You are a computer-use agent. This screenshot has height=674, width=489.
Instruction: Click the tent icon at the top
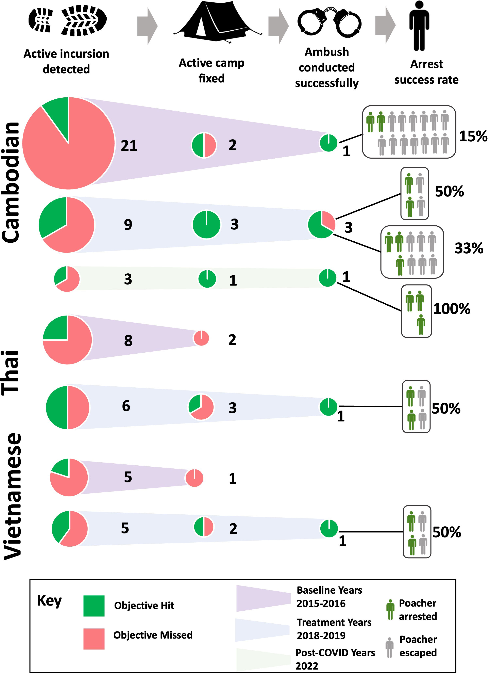218,22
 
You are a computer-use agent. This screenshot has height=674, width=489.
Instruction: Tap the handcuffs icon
329,22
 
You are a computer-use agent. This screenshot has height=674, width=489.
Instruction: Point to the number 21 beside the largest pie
129,146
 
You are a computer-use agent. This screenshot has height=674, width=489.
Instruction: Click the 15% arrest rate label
473,136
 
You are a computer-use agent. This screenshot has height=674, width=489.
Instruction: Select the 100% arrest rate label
452,309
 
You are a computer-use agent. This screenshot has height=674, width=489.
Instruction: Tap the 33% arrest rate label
469,248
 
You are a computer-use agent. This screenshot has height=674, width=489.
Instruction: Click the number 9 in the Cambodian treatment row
128,224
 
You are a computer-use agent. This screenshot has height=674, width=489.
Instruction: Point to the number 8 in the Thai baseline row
128,341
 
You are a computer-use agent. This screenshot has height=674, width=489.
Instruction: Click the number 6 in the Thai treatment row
126,406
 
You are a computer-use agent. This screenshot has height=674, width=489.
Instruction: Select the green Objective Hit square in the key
94,606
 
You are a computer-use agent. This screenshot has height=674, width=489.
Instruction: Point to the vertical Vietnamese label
13,496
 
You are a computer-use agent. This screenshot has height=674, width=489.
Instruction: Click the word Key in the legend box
49,601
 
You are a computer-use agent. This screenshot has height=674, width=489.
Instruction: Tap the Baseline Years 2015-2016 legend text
329,596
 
